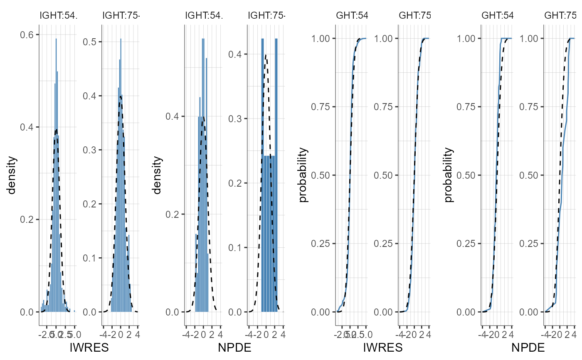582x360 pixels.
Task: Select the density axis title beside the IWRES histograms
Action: [x=11, y=175]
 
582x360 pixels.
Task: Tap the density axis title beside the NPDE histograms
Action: [x=157, y=175]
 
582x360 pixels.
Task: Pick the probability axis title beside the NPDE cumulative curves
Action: [x=449, y=175]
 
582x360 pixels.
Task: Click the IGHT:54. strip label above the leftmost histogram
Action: [x=58, y=16]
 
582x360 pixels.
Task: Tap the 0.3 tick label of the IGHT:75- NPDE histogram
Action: [x=236, y=118]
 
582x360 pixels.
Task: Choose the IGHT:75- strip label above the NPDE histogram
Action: [x=266, y=16]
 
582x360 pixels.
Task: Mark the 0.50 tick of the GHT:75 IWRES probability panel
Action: [x=384, y=175]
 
